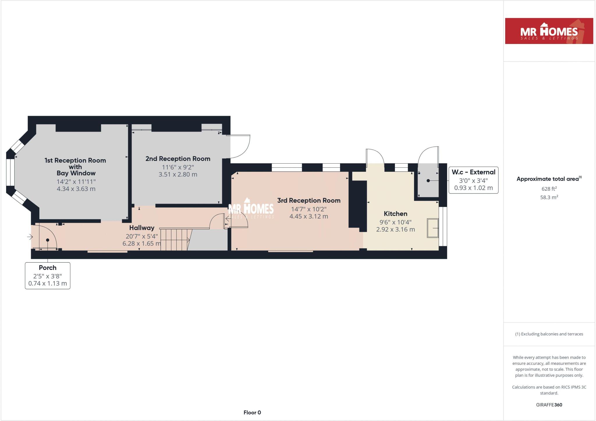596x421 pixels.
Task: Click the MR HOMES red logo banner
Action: pyautogui.click(x=549, y=31)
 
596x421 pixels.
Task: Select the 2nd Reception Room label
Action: pyautogui.click(x=178, y=159)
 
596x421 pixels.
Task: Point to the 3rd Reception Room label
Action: pyautogui.click(x=309, y=200)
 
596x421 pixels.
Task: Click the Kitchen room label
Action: pyautogui.click(x=395, y=213)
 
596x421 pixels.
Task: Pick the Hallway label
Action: pyautogui.click(x=142, y=228)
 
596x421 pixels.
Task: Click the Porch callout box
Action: pyautogui.click(x=47, y=275)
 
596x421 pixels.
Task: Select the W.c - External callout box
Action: pyautogui.click(x=473, y=180)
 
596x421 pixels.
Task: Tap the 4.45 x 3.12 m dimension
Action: pyautogui.click(x=309, y=216)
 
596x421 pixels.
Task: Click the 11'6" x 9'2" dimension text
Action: pyautogui.click(x=178, y=167)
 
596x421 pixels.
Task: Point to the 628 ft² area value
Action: pyautogui.click(x=549, y=189)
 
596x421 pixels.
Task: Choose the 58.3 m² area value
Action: pyautogui.click(x=549, y=197)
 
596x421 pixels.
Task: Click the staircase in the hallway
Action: pyautogui.click(x=174, y=239)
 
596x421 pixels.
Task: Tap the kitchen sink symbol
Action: pyautogui.click(x=433, y=228)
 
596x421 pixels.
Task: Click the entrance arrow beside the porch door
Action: pyautogui.click(x=30, y=237)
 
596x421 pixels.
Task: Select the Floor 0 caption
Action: pyautogui.click(x=252, y=412)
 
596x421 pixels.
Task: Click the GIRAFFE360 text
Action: pyautogui.click(x=549, y=405)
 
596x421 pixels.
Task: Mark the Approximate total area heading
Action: pyautogui.click(x=549, y=179)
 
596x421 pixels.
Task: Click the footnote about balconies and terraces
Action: pyautogui.click(x=549, y=334)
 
